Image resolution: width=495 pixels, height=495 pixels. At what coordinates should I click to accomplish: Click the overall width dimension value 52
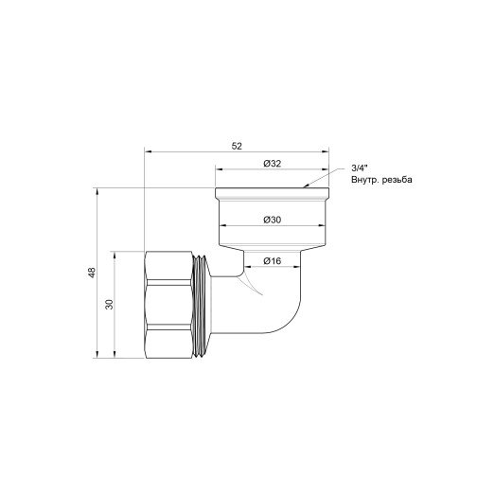tap(237, 145)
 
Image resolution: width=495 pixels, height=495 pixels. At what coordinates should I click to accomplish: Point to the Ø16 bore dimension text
tap(273, 260)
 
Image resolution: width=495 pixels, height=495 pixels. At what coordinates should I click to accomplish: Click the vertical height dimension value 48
tap(92, 274)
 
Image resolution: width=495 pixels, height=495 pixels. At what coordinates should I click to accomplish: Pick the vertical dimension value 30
tap(110, 305)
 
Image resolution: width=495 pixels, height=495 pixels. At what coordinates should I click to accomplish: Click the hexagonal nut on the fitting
tap(171, 305)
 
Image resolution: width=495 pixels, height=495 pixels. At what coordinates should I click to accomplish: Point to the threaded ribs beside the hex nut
tap(203, 305)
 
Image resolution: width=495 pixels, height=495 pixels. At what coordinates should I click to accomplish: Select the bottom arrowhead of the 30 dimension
tap(116, 357)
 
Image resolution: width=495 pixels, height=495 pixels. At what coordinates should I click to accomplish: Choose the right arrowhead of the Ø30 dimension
tap(322, 227)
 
